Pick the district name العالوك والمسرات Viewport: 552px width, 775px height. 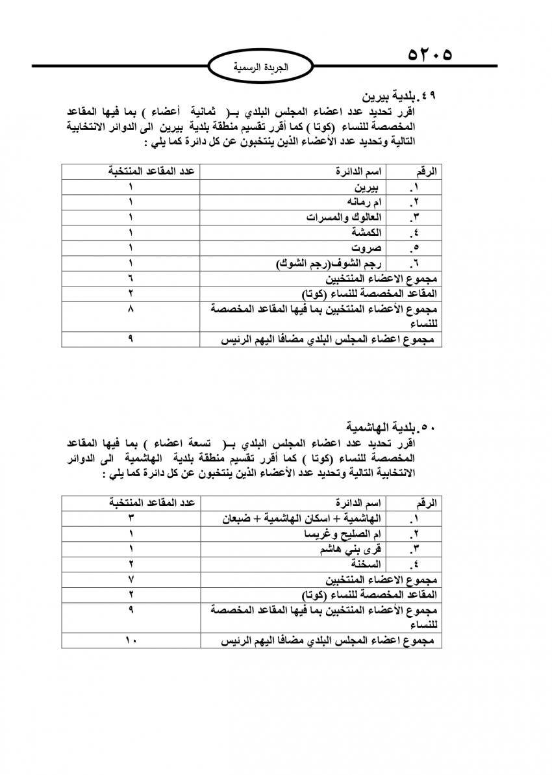[x=344, y=217]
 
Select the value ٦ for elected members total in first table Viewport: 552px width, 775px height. [x=131, y=279]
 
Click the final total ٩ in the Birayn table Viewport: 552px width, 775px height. [x=131, y=338]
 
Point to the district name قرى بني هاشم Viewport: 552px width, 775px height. [x=351, y=549]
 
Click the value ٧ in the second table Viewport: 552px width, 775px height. [x=131, y=579]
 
